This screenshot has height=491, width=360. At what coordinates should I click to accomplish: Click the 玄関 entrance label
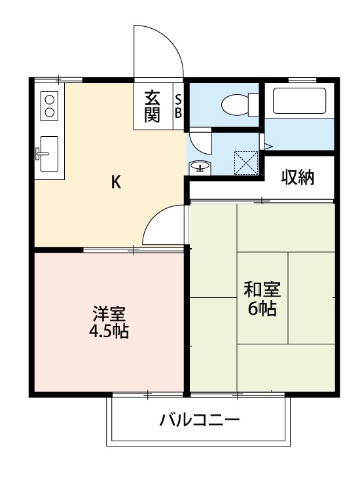[x=152, y=106]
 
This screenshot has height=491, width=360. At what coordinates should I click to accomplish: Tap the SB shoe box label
[x=178, y=106]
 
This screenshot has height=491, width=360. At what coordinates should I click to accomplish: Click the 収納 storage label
[x=298, y=177]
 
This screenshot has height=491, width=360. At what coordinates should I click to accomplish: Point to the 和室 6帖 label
[x=261, y=299]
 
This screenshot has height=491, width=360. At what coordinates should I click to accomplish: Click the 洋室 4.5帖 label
[x=109, y=321]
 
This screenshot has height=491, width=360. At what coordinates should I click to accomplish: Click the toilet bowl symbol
[x=236, y=103]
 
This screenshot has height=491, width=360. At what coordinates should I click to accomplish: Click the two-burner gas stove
[x=50, y=105]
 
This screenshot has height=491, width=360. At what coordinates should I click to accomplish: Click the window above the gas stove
[x=59, y=79]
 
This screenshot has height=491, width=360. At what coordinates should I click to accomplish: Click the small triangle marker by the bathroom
[x=268, y=145]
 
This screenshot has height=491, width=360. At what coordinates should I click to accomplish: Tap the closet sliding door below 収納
[x=262, y=200]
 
